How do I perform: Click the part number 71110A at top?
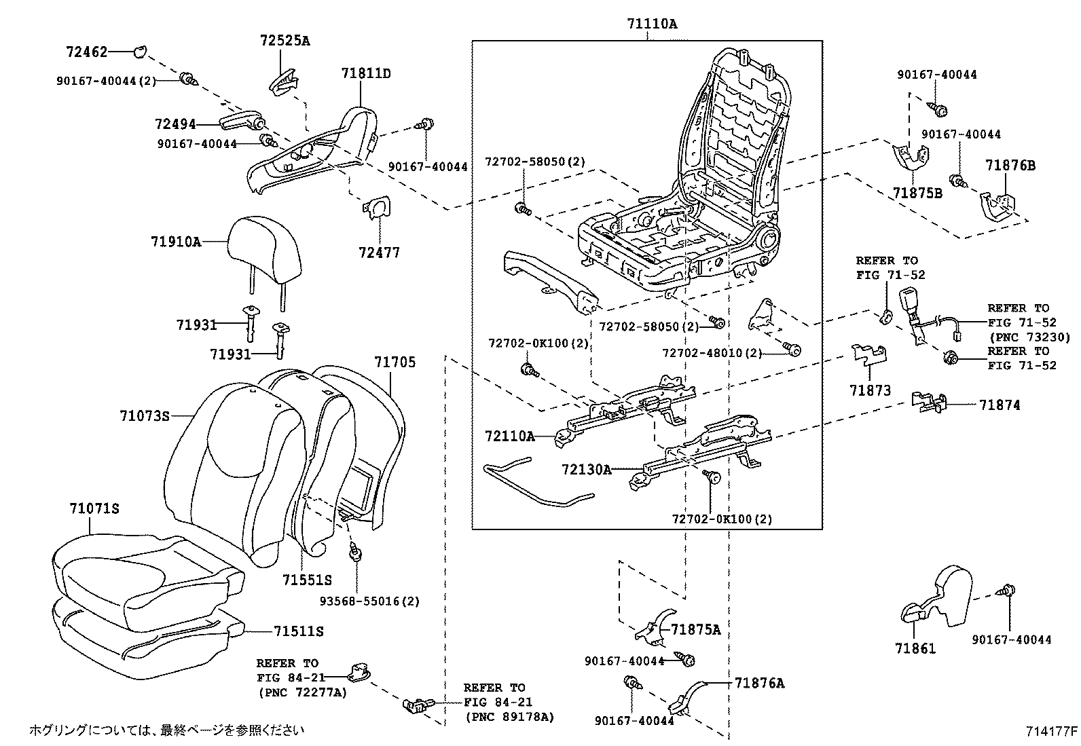[x=651, y=24]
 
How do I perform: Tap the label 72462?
[x=87, y=52]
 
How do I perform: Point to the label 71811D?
[x=366, y=73]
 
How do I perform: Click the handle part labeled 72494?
[x=241, y=122]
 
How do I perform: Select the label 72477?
[x=379, y=253]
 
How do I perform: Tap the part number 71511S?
[x=298, y=631]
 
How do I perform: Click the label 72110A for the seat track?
[x=509, y=436]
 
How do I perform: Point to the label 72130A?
[x=586, y=469]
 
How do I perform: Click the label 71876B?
[x=1010, y=165]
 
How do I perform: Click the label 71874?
[x=999, y=405]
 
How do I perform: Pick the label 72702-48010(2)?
[x=712, y=352]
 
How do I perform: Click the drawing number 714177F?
[x=1051, y=731]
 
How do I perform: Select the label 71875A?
[x=695, y=629]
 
